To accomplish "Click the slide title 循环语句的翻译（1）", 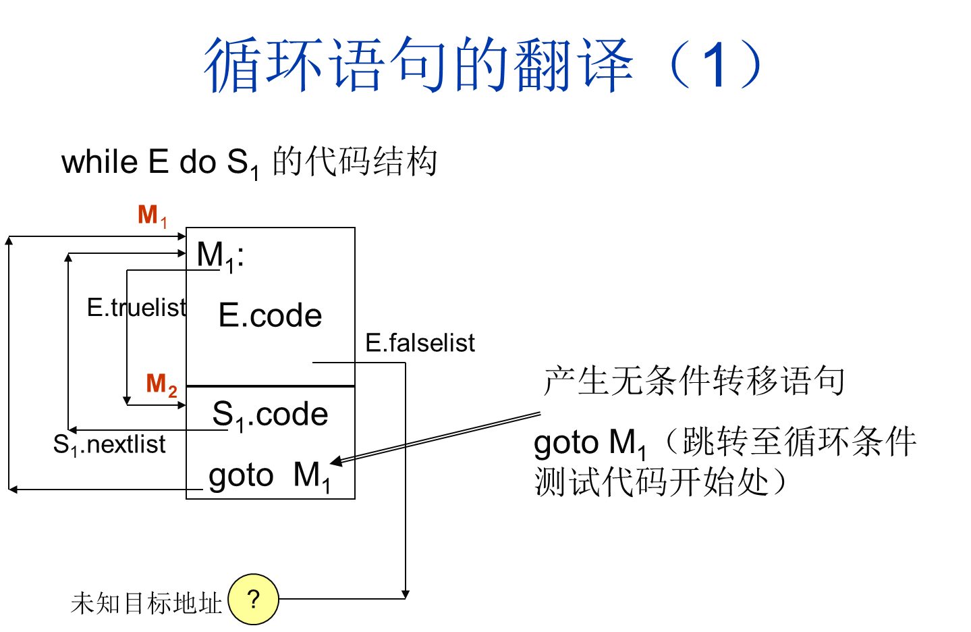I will [483, 65].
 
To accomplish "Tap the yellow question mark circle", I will [253, 599].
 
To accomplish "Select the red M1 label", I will [152, 216].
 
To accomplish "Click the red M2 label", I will [162, 385].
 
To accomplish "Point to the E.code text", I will [270, 316].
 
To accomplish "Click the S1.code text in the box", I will [270, 415].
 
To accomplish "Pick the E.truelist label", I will [136, 308].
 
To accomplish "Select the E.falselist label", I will [420, 344].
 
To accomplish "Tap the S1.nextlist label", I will [109, 445].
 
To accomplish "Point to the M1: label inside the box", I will [220, 257].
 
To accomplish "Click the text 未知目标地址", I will [146, 603].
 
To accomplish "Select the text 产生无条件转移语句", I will [694, 381].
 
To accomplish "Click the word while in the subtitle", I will [100, 163].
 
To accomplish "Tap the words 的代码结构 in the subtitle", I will [354, 162].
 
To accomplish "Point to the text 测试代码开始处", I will [651, 482].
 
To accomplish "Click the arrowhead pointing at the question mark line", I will [405, 594].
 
